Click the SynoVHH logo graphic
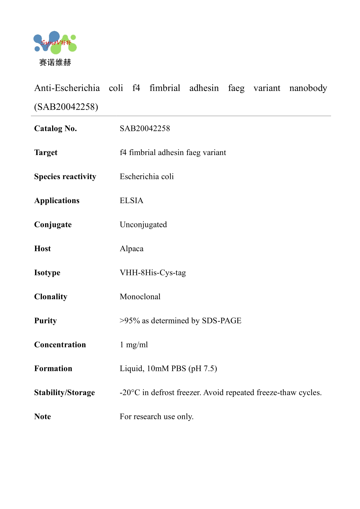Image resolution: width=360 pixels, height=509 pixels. pyautogui.click(x=55, y=43)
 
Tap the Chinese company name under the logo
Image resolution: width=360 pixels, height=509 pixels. pyautogui.click(x=55, y=63)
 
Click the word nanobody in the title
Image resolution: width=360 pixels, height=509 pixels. pyautogui.click(x=308, y=88)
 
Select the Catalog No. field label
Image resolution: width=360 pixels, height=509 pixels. pyautogui.click(x=56, y=128)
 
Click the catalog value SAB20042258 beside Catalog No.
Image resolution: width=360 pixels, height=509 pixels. pyautogui.click(x=145, y=128)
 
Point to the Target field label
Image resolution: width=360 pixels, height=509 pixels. pyautogui.click(x=46, y=153)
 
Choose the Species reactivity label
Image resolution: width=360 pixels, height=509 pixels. pyautogui.click(x=65, y=177)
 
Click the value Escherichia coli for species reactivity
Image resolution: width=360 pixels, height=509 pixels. pyautogui.click(x=147, y=177)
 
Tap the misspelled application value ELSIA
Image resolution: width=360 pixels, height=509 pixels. pyautogui.click(x=131, y=201)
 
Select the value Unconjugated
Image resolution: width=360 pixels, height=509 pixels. pyautogui.click(x=143, y=225)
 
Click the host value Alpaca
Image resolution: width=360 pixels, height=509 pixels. pyautogui.click(x=131, y=249)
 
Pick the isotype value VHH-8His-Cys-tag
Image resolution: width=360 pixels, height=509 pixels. pyautogui.click(x=153, y=273)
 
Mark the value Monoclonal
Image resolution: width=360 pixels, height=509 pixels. pyautogui.click(x=140, y=297)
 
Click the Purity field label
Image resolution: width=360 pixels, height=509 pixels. pyautogui.click(x=45, y=321)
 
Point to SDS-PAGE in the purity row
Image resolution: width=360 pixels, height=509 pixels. pyautogui.click(x=222, y=321)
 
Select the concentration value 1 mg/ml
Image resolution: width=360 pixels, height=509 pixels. pyautogui.click(x=134, y=345)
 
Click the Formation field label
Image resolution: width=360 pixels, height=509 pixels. pyautogui.click(x=53, y=368)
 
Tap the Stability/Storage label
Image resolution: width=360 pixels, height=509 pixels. pyautogui.click(x=64, y=393)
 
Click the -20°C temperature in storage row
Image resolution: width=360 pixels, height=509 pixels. pyautogui.click(x=130, y=393)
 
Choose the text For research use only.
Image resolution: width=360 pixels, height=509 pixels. pyautogui.click(x=157, y=417)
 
